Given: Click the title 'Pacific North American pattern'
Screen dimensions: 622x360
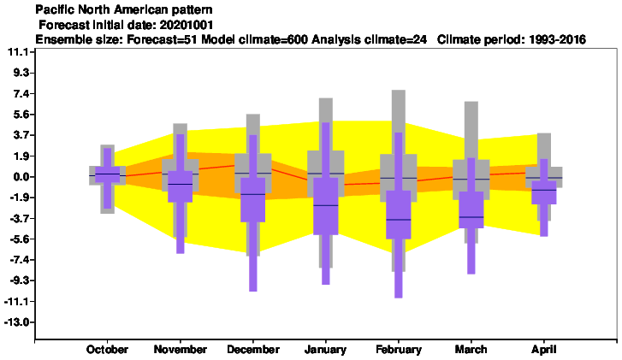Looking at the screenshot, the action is tap(124, 9).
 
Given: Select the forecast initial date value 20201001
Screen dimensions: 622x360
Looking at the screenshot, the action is tap(187, 25).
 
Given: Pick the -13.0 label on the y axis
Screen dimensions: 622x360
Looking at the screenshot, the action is tap(18, 322).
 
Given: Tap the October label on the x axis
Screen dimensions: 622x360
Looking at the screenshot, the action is tap(107, 350).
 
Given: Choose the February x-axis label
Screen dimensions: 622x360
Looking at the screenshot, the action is tap(399, 350).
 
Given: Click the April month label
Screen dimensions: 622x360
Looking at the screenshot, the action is tap(544, 350).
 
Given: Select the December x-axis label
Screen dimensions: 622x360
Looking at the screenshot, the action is tap(253, 350).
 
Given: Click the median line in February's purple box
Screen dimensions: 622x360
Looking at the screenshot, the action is tap(399, 220).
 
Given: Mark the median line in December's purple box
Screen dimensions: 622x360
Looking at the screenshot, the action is tap(252, 194).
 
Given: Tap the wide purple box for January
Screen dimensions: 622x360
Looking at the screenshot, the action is tap(326, 206).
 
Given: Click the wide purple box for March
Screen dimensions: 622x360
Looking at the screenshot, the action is tap(471, 210).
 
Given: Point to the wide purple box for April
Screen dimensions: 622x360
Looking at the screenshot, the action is tap(544, 192).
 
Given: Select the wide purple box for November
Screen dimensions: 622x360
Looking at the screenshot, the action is tap(180, 186).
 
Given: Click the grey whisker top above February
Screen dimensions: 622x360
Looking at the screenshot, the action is tap(399, 91).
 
